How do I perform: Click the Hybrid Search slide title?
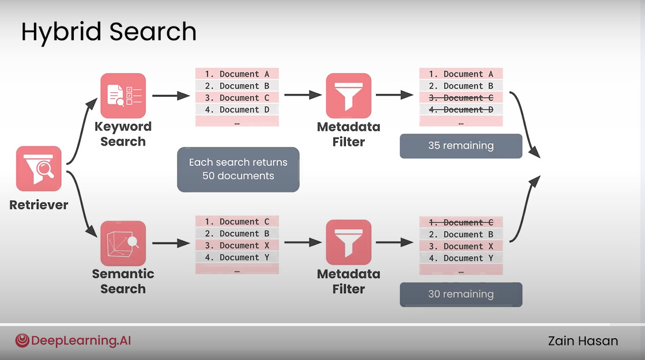pos(108,32)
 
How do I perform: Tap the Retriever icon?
pos(39,169)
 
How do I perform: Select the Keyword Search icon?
pos(123,96)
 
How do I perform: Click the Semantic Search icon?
pos(123,243)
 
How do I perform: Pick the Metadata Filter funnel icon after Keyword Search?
pos(348,96)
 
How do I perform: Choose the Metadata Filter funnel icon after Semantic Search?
pos(348,242)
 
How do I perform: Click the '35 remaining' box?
pos(461,146)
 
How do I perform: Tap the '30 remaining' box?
pos(461,294)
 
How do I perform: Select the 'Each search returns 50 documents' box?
pos(238,169)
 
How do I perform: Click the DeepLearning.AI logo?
pos(73,340)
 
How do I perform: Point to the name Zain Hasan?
pos(583,341)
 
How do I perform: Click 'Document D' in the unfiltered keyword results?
pos(237,109)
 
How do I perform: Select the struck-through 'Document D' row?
pos(461,109)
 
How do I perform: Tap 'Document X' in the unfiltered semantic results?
pos(237,245)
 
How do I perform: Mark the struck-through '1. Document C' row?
pos(461,222)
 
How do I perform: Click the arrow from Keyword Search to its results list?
pos(171,96)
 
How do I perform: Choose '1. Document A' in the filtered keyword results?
pos(461,74)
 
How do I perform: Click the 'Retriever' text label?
pos(39,204)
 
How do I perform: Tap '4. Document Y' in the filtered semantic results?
pos(461,258)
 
